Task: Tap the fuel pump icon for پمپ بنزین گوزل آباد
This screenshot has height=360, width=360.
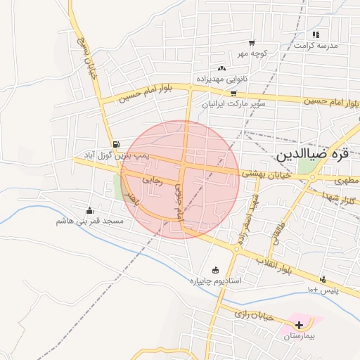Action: click(x=115, y=142)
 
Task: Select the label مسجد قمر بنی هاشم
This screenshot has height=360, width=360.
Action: click(x=90, y=221)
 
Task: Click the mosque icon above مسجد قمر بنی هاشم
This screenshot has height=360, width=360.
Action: click(x=89, y=210)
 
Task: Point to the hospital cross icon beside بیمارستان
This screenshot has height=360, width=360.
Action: click(x=300, y=325)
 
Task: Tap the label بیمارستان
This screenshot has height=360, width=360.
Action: click(x=300, y=337)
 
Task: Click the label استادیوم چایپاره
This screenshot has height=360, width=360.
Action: click(x=216, y=281)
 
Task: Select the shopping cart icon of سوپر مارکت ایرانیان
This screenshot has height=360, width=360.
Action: click(x=233, y=92)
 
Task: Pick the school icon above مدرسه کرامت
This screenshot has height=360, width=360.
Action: click(x=316, y=34)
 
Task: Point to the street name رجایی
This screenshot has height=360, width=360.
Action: click(x=152, y=180)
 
